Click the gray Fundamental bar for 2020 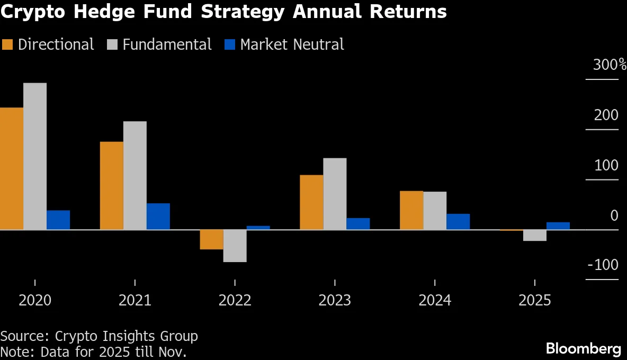pos(35,156)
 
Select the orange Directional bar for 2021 pos(111,185)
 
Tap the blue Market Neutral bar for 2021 pos(158,216)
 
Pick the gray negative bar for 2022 pos(235,246)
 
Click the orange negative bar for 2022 pos(211,239)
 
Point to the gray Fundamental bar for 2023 pos(335,194)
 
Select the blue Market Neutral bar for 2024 pos(458,221)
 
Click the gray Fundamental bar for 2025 pos(535,235)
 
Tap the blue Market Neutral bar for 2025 pos(558,226)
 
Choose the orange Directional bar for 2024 pos(411,210)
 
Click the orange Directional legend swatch pos(7,44)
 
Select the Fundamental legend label pos(167,44)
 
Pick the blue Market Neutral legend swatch pos(229,44)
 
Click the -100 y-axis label pos(603,265)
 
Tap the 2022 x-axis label pos(235,301)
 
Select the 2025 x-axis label pos(535,301)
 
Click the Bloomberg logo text pos(583,348)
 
